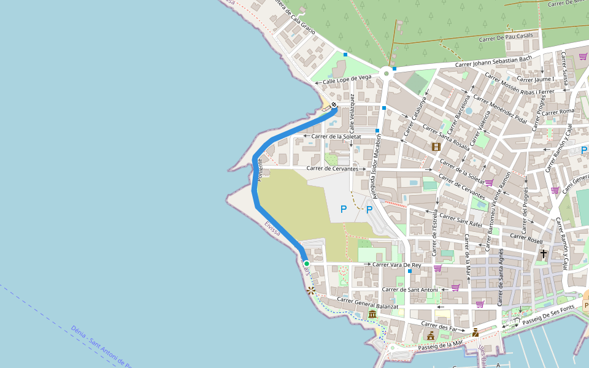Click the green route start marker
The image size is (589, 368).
coord(306,263)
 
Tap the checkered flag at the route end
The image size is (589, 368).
coord(334,105)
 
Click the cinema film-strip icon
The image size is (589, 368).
coord(436,147)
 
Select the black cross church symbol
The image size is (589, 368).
coord(543,253)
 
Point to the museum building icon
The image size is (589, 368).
coord(373,315)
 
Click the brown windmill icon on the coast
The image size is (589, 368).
coord(312,291)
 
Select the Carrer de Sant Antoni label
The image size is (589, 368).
coord(410,289)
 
